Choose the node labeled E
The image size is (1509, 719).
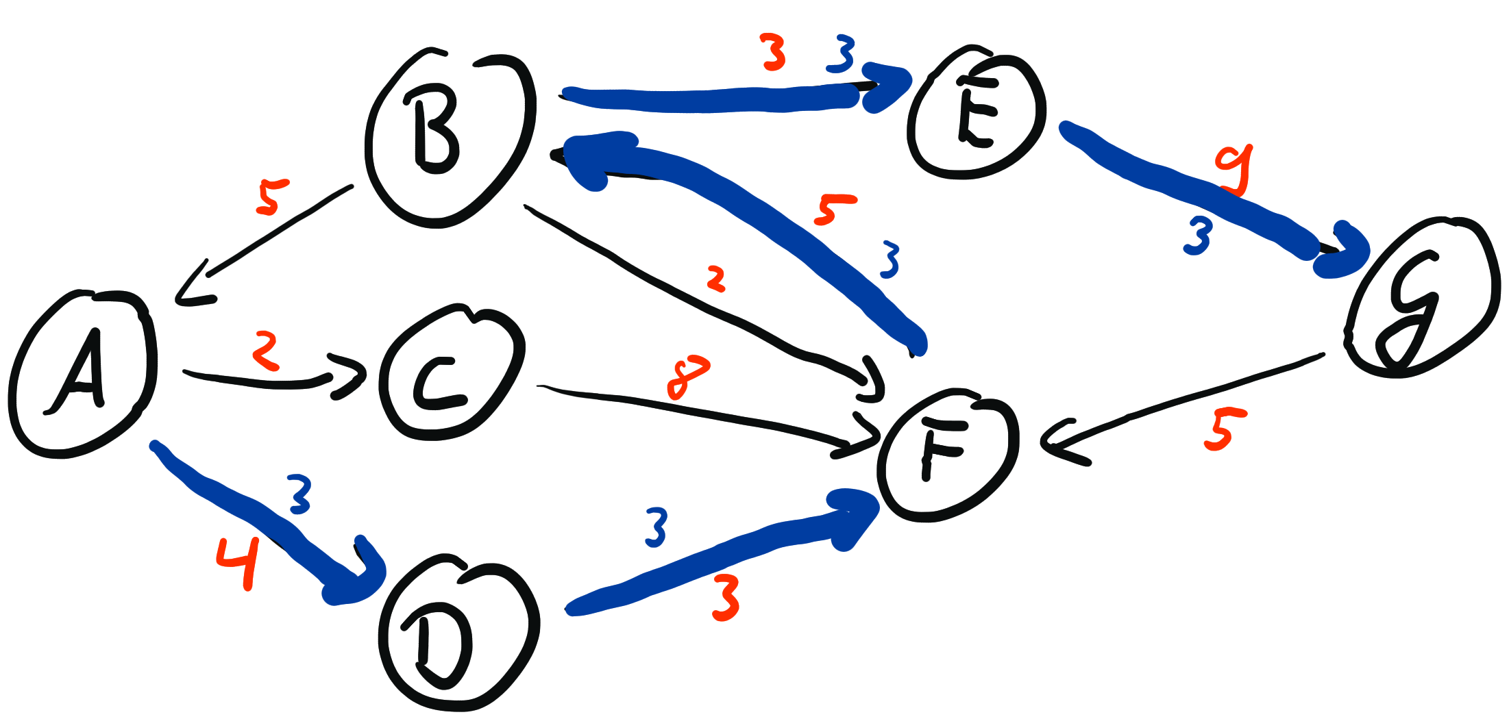click(977, 113)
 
